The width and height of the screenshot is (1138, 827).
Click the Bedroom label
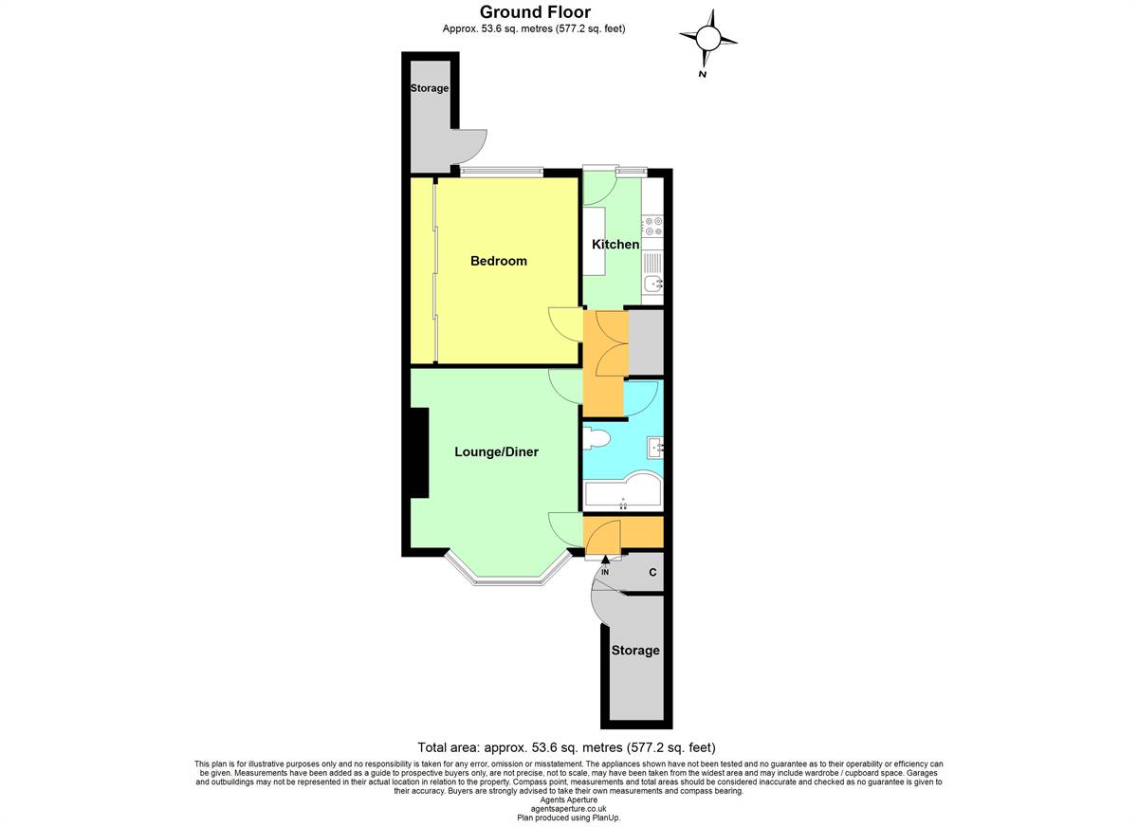pyautogui.click(x=499, y=261)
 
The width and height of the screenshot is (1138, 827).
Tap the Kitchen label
pyautogui.click(x=615, y=245)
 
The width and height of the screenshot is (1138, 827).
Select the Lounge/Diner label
pyautogui.click(x=496, y=451)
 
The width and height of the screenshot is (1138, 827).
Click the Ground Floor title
pyautogui.click(x=536, y=11)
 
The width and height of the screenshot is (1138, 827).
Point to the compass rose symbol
pyautogui.click(x=708, y=38)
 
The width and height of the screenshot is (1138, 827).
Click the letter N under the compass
pyautogui.click(x=703, y=74)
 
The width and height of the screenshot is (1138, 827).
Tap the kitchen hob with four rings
pyautogui.click(x=652, y=227)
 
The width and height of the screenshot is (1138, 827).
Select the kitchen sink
pyautogui.click(x=652, y=283)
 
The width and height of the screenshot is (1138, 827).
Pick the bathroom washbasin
pyautogui.click(x=655, y=448)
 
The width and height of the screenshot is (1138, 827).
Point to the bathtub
pyautogui.click(x=623, y=491)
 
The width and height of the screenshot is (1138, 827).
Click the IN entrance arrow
pyautogui.click(x=605, y=559)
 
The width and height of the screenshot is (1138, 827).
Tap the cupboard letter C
pyautogui.click(x=652, y=573)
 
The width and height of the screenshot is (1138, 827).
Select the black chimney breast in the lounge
pyautogui.click(x=419, y=452)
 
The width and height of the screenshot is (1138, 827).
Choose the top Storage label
pyautogui.click(x=430, y=88)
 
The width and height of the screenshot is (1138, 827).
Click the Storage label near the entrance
pyautogui.click(x=635, y=651)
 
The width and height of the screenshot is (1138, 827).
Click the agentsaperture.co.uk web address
pyautogui.click(x=568, y=809)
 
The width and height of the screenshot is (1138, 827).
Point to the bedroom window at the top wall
pyautogui.click(x=502, y=171)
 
